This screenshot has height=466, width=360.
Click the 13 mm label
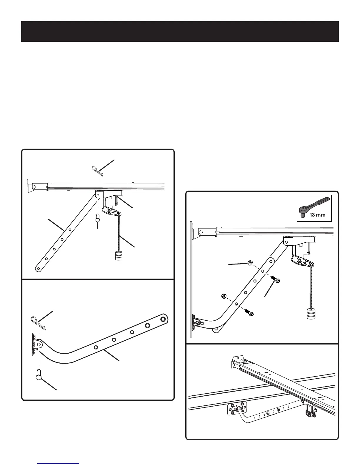point(317,214)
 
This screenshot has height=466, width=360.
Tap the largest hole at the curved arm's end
point(162,319)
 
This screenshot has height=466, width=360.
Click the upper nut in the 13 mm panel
point(249,263)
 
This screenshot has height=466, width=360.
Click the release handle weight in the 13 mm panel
point(311,314)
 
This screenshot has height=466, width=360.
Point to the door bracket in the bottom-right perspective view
point(237,409)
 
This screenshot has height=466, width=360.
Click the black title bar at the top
point(180,31)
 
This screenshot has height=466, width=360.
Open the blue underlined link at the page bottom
point(59,463)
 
